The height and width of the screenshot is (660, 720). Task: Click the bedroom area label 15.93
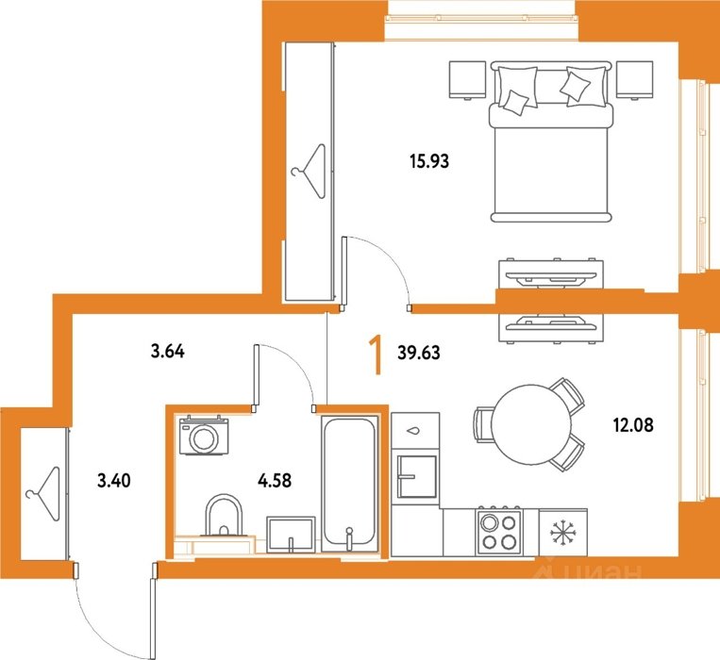pyautogui.click(x=429, y=161)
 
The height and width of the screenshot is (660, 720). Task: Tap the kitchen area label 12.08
pyautogui.click(x=633, y=425)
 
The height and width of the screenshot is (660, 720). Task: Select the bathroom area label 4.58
pyautogui.click(x=275, y=481)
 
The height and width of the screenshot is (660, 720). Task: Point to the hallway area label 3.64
pyautogui.click(x=168, y=352)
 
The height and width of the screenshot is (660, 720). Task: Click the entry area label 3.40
pyautogui.click(x=114, y=481)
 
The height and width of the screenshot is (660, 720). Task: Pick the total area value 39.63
pyautogui.click(x=419, y=353)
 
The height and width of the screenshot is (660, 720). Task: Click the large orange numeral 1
pyautogui.click(x=377, y=355)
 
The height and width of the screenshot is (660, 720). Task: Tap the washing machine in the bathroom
pyautogui.click(x=204, y=435)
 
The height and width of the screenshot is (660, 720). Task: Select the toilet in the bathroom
pyautogui.click(x=224, y=516)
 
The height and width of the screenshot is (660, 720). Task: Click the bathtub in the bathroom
pyautogui.click(x=350, y=484)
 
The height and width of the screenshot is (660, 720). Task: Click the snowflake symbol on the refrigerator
pyautogui.click(x=563, y=533)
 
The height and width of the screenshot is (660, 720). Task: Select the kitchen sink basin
pyautogui.click(x=416, y=476)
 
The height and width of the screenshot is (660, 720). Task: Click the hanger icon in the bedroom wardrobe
pyautogui.click(x=310, y=171)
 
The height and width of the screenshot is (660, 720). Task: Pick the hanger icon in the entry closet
pyautogui.click(x=44, y=493)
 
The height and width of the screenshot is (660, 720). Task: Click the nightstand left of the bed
pyautogui.click(x=467, y=80)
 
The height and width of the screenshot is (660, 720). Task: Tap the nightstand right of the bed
pyautogui.click(x=634, y=80)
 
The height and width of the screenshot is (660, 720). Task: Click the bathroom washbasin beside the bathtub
pyautogui.click(x=291, y=534)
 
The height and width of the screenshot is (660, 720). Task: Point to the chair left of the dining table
pyautogui.click(x=483, y=424)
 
